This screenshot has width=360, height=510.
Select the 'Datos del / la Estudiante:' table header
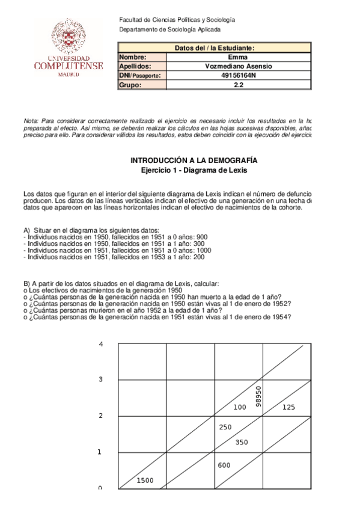coord(215,48)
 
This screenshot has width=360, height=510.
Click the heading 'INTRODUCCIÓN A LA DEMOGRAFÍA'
coord(194,161)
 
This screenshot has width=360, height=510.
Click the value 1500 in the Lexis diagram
coord(145,480)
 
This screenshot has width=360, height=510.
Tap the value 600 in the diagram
coord(224,465)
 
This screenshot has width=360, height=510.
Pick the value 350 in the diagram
coord(242,442)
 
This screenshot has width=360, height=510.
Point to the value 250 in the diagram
coord(225,427)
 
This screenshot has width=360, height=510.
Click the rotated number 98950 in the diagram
coord(258,395)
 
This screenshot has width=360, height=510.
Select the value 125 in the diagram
coord(288,407)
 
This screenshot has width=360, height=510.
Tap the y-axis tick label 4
coord(101,344)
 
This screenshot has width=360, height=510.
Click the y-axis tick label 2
coord(101,416)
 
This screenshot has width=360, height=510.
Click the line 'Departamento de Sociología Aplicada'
coord(170,29)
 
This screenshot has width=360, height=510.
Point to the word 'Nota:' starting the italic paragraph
coord(30,120)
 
